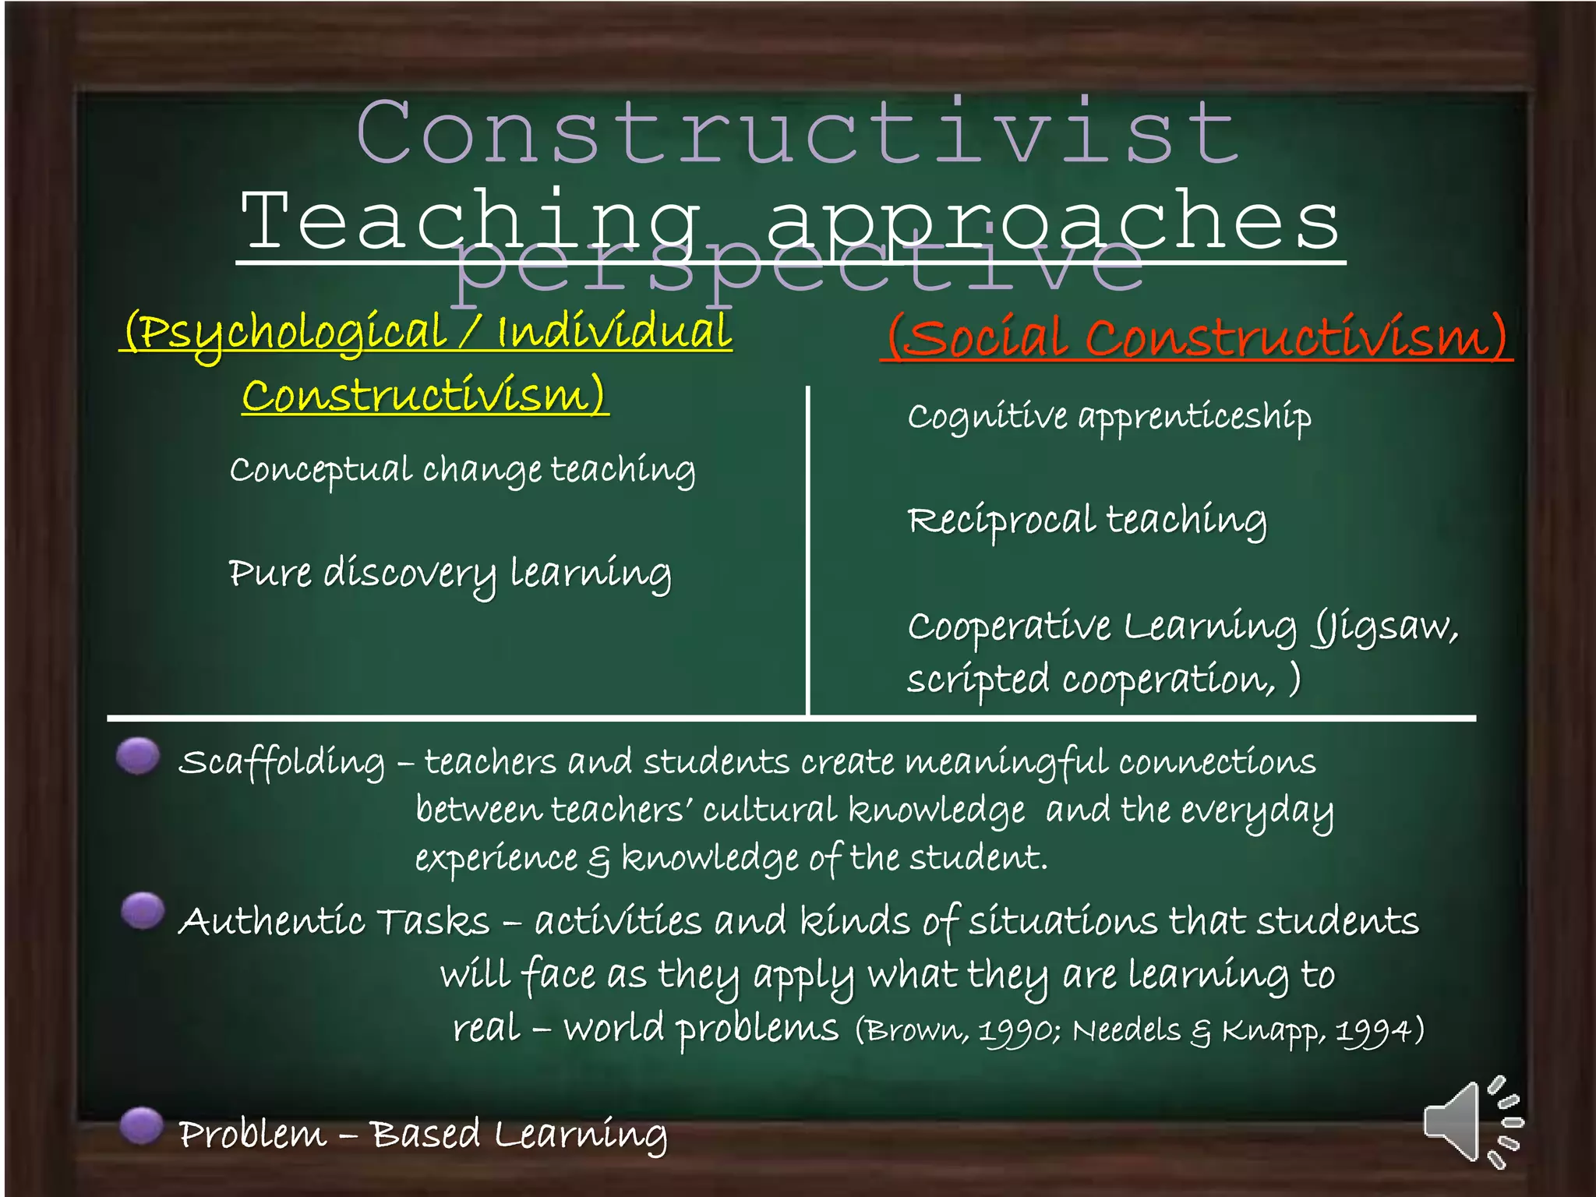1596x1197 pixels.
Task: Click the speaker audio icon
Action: (x=1468, y=1123)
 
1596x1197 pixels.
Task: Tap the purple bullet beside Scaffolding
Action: (x=139, y=755)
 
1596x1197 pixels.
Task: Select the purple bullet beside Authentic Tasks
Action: (x=143, y=910)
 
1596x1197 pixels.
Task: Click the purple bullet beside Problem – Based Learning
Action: (x=142, y=1126)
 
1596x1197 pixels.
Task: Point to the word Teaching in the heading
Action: (x=471, y=222)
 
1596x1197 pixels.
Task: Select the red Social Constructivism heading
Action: (x=1197, y=338)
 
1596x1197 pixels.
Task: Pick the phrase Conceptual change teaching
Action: (x=462, y=470)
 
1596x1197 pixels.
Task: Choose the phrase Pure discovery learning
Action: (x=450, y=574)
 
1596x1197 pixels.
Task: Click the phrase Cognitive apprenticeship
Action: (x=1109, y=417)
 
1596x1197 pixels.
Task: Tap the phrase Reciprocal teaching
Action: (x=1087, y=521)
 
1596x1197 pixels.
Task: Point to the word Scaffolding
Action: (x=281, y=762)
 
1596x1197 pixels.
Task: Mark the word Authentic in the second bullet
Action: (x=271, y=921)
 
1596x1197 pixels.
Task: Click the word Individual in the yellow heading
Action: (x=614, y=332)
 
